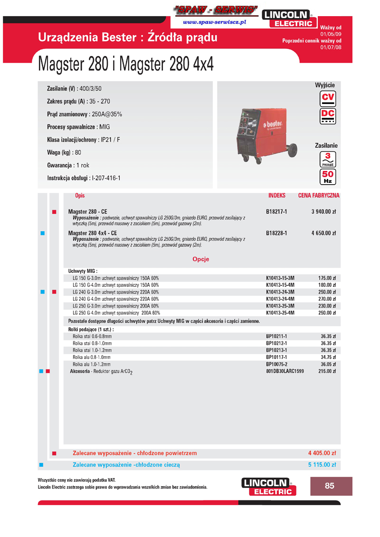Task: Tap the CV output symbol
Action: point(328,99)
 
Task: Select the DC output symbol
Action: point(328,116)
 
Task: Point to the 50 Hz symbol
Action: point(328,177)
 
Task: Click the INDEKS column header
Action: point(277,195)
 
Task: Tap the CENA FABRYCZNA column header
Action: point(319,195)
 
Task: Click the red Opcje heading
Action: point(200,259)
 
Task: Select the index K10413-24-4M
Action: point(280,299)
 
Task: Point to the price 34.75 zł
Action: point(327,357)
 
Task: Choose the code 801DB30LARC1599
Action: point(285,371)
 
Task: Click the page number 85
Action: point(330,486)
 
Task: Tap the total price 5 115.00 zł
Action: point(322,465)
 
